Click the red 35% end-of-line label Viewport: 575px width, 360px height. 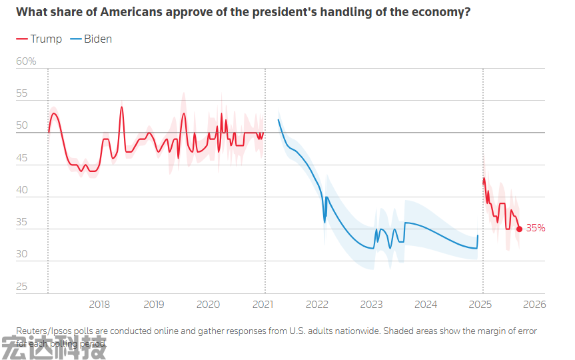click(536, 228)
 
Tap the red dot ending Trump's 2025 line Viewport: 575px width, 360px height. click(520, 229)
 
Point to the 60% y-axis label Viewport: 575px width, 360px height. click(26, 61)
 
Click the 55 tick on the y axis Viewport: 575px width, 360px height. click(22, 93)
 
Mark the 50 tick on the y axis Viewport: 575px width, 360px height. click(22, 125)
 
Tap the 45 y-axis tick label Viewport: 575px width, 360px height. click(22, 158)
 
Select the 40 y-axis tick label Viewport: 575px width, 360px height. click(22, 190)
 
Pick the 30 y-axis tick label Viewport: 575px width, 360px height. click(22, 254)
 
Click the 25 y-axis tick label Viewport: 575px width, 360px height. click(22, 287)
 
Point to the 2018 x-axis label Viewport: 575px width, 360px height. click(99, 304)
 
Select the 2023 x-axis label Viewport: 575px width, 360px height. click(371, 304)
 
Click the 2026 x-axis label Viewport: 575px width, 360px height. click(534, 304)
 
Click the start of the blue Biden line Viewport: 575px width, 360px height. click(278, 120)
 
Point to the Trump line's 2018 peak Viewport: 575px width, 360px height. click(122, 107)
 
